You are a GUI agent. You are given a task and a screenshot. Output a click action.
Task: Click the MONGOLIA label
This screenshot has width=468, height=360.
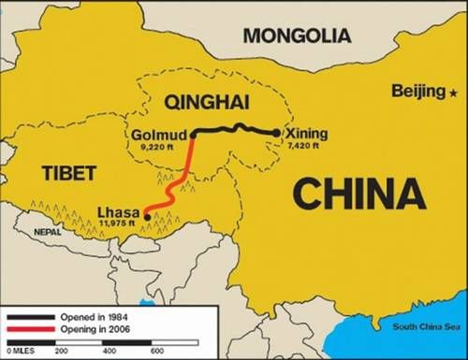[x=298, y=36]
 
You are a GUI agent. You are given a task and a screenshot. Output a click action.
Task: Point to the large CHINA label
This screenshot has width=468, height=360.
[x=359, y=195]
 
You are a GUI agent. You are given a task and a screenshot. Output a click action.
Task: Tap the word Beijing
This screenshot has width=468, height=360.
[x=420, y=91]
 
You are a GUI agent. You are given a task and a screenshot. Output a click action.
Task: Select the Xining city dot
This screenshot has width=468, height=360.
[x=276, y=133]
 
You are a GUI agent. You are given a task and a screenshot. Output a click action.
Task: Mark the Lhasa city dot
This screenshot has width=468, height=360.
[x=148, y=218]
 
